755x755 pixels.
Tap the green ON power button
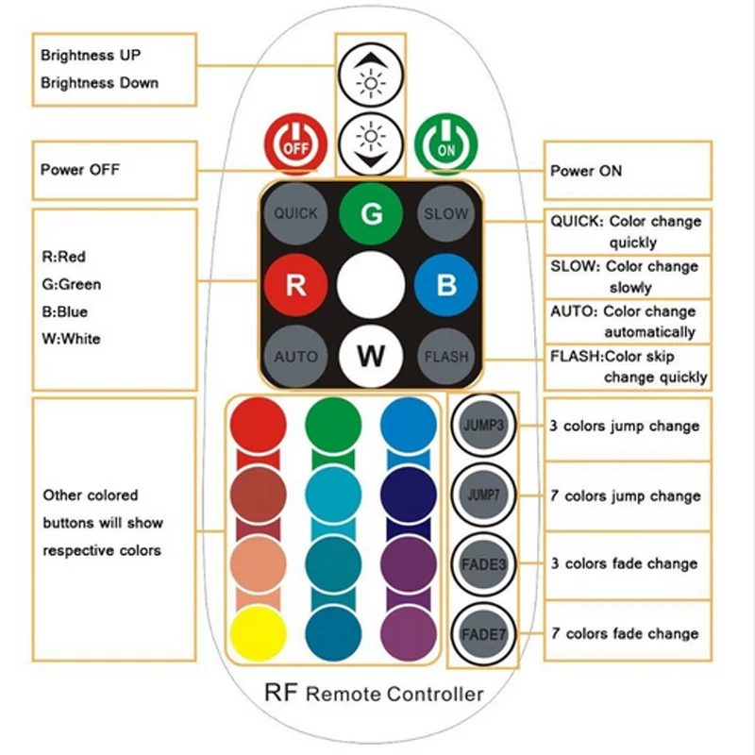click(445, 143)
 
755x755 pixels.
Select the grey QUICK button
click(295, 213)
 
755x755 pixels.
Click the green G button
click(372, 213)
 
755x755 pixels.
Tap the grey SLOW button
click(445, 213)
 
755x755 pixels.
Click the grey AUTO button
click(295, 357)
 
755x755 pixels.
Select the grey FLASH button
click(445, 357)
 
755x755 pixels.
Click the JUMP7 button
click(484, 495)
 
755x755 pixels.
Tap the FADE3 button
click(484, 563)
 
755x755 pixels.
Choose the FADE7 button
click(484, 633)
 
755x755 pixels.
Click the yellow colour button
click(257, 632)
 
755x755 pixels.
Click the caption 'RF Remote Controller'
click(375, 695)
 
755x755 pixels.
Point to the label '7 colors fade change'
click(626, 633)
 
